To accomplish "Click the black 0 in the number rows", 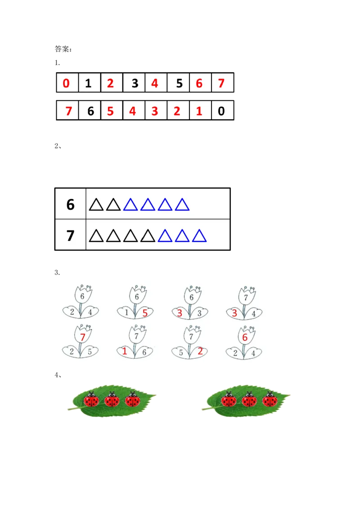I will [221, 111].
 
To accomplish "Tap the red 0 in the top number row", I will [67, 84].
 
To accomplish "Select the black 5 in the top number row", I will [179, 84].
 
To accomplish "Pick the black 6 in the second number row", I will [90, 111].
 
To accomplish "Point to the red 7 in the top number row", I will [221, 84].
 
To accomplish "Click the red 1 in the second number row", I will [199, 111].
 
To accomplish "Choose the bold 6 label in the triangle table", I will [70, 205].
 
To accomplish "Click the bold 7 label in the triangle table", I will [70, 235].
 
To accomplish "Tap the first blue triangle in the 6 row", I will [130, 205].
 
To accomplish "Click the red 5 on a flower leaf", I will [145, 313].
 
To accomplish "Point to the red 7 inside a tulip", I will [82, 337].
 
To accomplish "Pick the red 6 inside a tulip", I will [245, 337].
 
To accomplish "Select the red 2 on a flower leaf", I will [200, 352].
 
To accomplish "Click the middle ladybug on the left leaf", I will [112, 400].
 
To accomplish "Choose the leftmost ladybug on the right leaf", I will [229, 400].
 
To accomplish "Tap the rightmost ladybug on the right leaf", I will [270, 400].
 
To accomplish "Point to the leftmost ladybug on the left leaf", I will [91, 400].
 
